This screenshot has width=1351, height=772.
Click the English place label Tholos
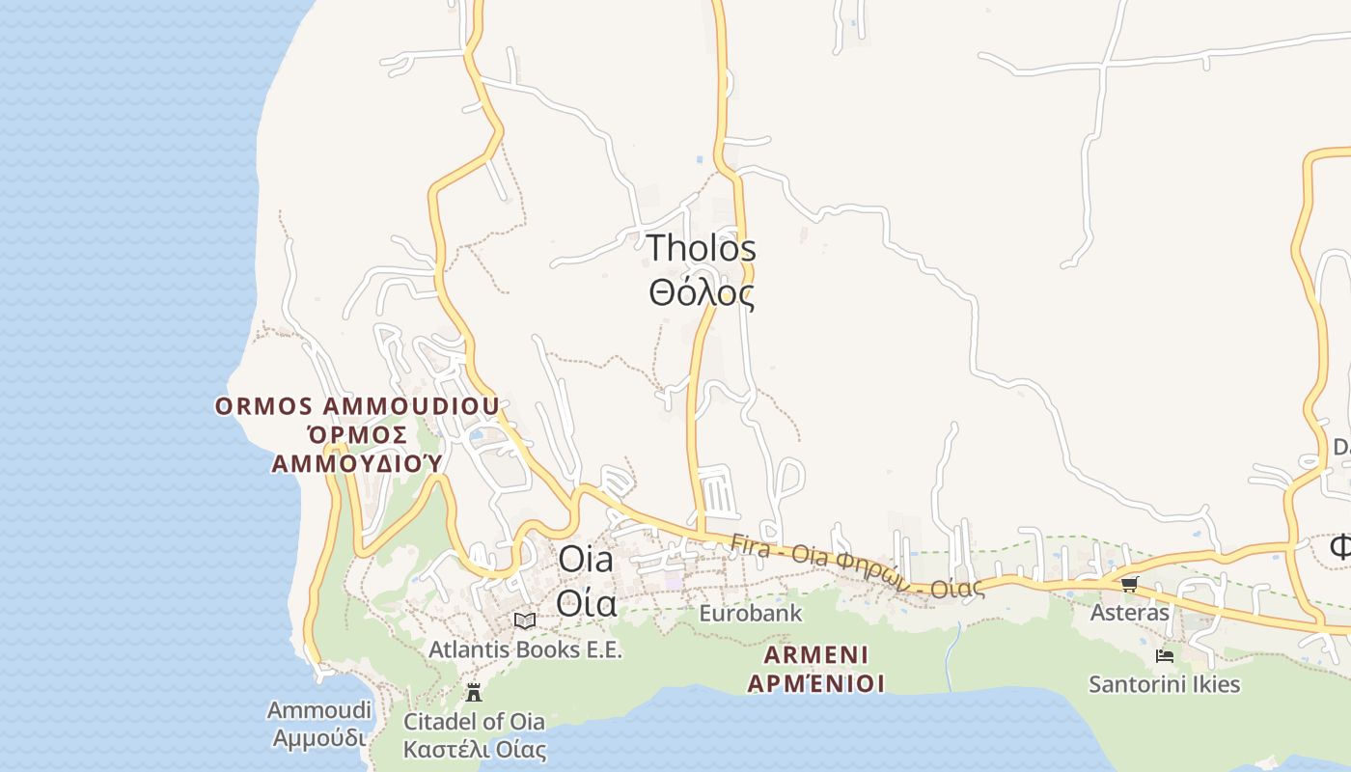701,248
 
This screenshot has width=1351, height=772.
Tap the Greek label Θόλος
701,291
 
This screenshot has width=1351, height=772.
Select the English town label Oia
586,559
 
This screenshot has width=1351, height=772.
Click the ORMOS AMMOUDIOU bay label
357,405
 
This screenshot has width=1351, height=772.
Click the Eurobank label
750,613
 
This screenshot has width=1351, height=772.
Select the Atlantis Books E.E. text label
526,650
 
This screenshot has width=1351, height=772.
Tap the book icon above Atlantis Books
524,620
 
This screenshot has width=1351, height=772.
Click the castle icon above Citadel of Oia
473,692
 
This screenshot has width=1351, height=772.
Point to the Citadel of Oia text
473,721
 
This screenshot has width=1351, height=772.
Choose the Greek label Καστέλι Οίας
473,750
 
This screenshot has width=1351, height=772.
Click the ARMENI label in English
816,655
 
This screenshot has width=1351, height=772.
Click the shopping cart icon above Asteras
1129,584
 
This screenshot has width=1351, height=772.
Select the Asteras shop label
1129,612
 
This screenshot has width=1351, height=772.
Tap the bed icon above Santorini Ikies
1165,656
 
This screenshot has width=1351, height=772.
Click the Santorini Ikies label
1164,684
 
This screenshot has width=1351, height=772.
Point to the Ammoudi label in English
318,710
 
